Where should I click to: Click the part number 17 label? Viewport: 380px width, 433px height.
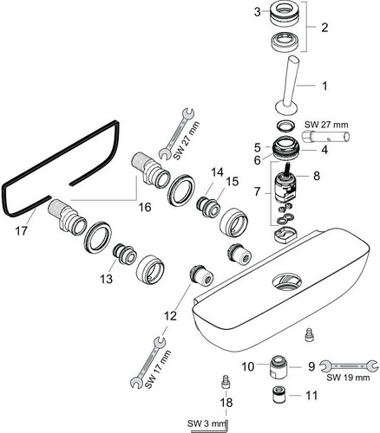click(21, 230)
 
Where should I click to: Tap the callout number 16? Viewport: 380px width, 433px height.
click(145, 207)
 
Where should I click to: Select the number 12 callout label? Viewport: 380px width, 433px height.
click(170, 316)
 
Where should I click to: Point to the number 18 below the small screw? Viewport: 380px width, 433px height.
click(226, 403)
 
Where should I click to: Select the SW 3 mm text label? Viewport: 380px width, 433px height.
click(206, 424)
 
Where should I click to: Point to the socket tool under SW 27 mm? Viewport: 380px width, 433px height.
click(325, 136)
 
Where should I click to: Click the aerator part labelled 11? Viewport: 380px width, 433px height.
click(279, 395)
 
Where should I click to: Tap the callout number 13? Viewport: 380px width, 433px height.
click(106, 279)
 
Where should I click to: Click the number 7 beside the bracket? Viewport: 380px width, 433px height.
click(258, 191)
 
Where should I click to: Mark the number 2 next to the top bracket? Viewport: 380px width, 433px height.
click(324, 28)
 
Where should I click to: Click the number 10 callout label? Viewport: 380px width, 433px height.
click(248, 366)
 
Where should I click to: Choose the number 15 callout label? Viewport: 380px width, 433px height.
click(233, 182)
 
